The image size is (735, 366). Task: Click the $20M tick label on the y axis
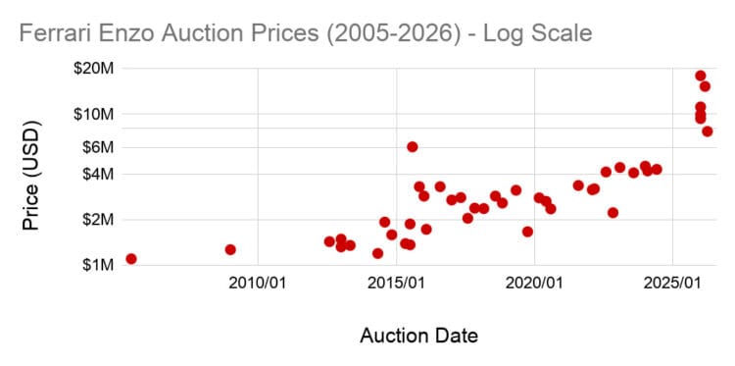click(x=95, y=69)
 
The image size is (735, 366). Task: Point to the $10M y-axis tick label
click(x=95, y=114)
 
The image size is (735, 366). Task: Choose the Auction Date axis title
click(x=418, y=337)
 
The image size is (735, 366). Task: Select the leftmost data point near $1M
click(x=130, y=259)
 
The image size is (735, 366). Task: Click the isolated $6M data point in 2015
click(x=413, y=146)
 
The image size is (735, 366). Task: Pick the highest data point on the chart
click(x=701, y=76)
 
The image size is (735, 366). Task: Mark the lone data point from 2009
click(x=230, y=249)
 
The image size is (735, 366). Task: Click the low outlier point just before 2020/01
click(x=527, y=232)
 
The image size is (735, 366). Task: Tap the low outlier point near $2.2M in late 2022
click(x=612, y=212)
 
